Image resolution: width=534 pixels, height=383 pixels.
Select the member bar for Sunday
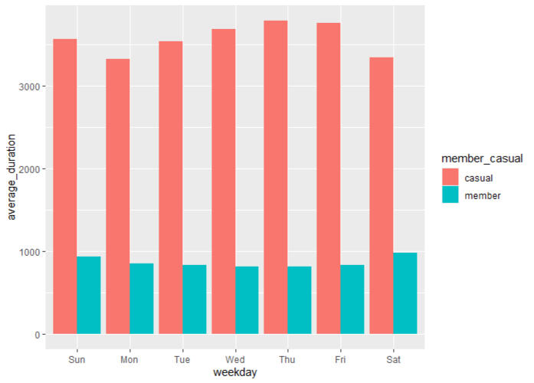[x=89, y=295]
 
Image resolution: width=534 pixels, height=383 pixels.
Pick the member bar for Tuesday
[x=195, y=299]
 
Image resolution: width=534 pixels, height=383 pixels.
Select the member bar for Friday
[x=352, y=299]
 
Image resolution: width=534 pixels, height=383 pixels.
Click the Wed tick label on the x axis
[x=235, y=358]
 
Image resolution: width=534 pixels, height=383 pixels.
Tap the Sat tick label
[x=393, y=358]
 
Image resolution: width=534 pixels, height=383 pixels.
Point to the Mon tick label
[x=129, y=358]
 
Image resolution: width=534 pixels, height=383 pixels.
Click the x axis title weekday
[x=235, y=372]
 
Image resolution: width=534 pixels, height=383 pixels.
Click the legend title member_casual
[x=481, y=159]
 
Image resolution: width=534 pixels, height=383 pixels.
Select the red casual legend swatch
[x=450, y=176]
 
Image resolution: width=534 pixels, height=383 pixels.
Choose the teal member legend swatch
[x=450, y=195]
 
